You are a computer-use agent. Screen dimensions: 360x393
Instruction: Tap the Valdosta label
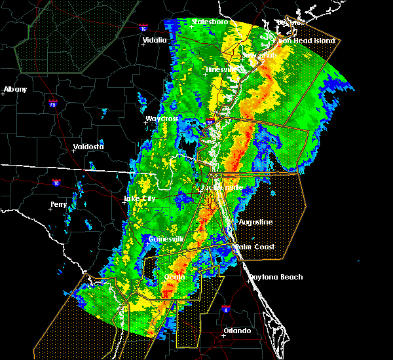pos(88,147)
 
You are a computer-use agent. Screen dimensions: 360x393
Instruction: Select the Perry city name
pos(58,204)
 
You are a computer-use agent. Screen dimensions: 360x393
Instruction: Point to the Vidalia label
pos(155,40)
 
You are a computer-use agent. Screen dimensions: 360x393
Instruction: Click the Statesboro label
pos(210,22)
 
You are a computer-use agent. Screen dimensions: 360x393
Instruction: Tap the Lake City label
pos(139,198)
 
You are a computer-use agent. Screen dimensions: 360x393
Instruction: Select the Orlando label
pos(236,331)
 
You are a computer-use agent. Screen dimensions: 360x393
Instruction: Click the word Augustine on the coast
pos(255,222)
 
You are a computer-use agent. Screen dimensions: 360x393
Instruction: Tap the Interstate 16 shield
pos(143,27)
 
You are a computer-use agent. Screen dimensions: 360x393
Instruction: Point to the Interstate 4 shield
pos(225,308)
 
